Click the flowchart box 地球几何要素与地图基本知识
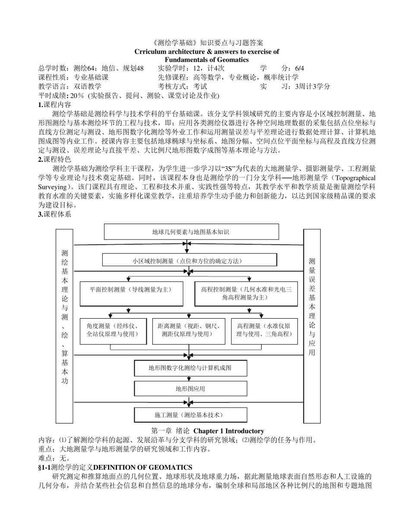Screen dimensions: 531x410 point(190,232)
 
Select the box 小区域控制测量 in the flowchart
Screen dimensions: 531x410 point(189,260)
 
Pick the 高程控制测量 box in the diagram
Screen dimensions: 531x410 point(246,294)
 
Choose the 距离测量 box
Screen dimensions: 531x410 point(187,331)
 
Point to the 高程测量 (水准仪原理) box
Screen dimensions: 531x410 point(264,331)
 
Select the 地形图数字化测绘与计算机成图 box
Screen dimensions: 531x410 point(190,368)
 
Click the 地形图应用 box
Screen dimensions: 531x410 point(190,389)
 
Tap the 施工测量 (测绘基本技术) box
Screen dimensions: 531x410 point(190,415)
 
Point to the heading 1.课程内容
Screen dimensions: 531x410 point(55,104)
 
